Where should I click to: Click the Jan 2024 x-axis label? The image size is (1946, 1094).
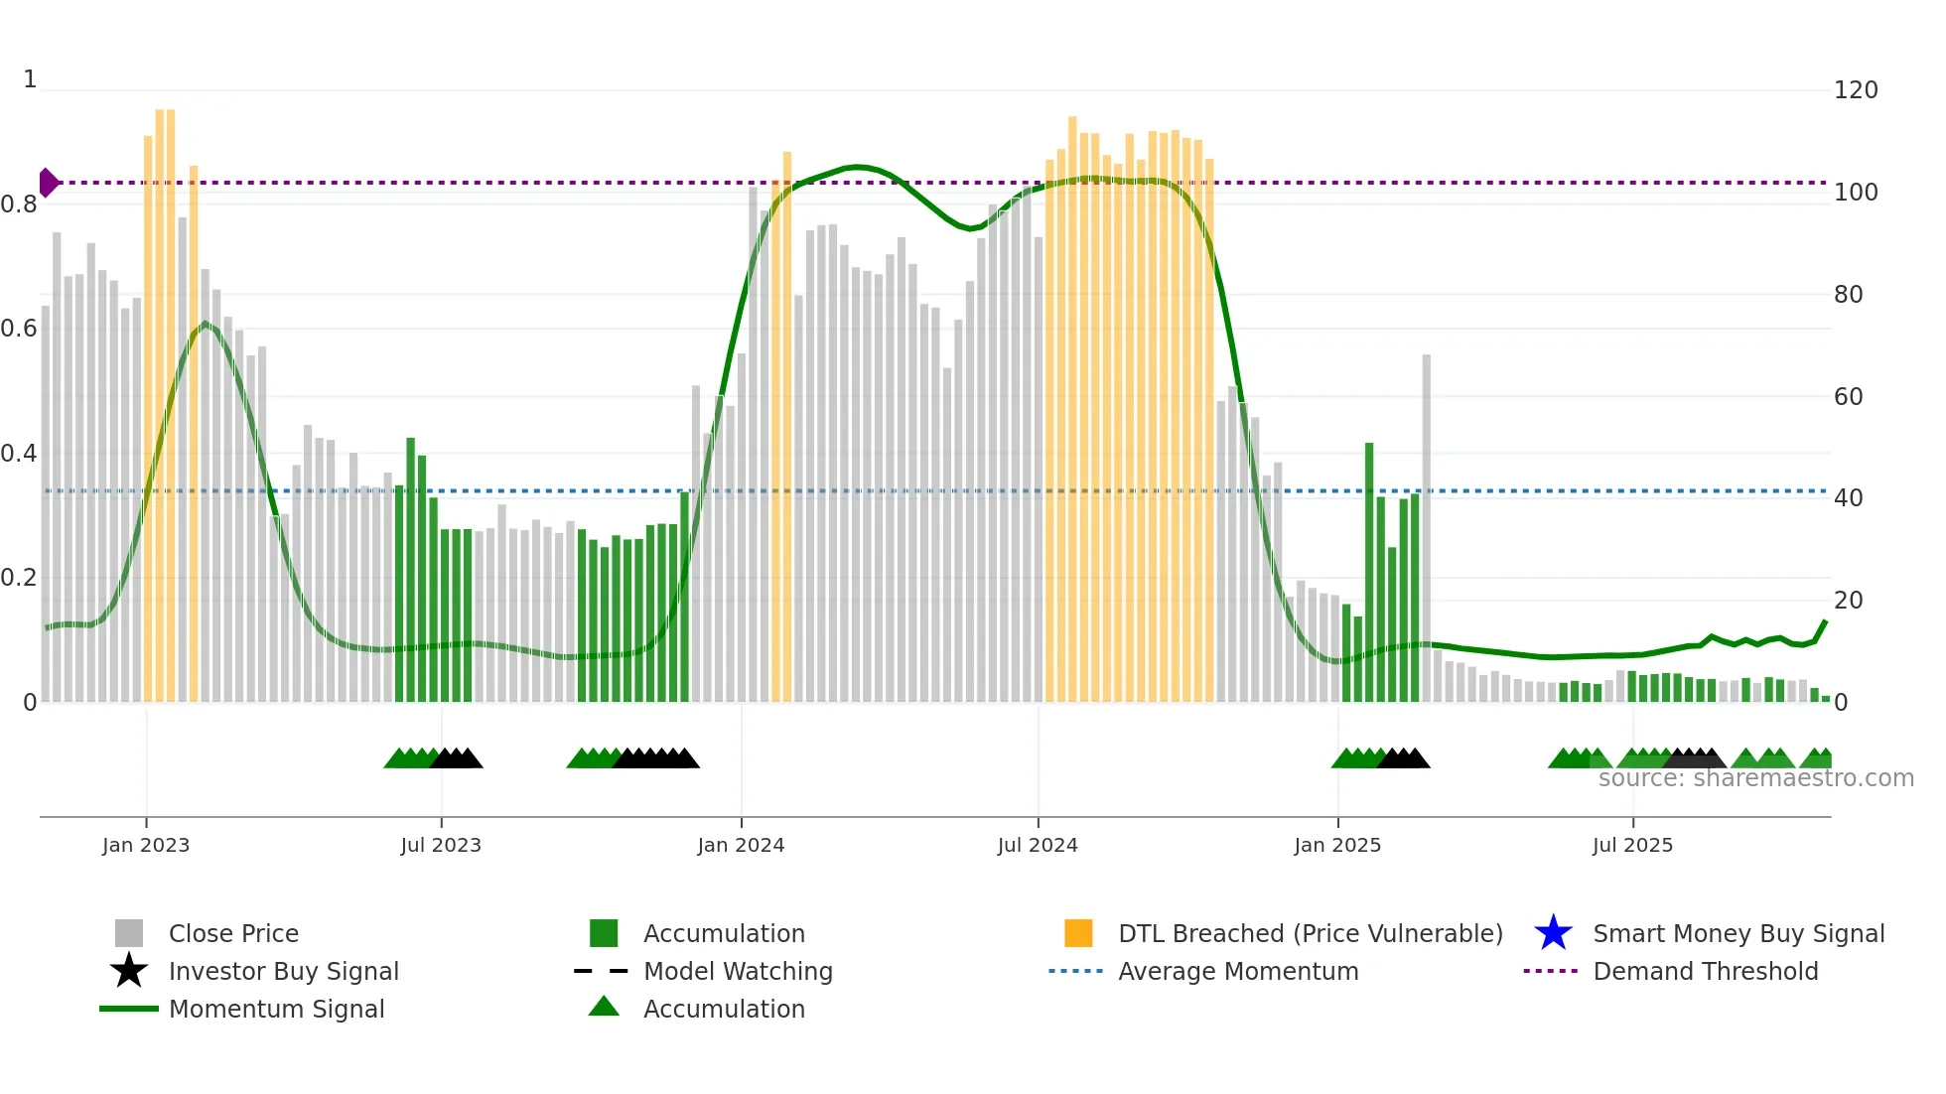[x=741, y=845]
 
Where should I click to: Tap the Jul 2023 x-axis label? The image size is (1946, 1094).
[x=441, y=845]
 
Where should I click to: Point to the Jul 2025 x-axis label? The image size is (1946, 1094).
[x=1632, y=845]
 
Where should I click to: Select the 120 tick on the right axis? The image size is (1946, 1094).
[x=1855, y=90]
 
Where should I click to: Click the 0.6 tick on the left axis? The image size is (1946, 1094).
[x=19, y=329]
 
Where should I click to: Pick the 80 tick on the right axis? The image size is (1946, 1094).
[x=1848, y=295]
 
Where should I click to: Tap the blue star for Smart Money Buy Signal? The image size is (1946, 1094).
[x=1553, y=933]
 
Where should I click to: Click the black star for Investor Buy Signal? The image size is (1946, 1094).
[x=129, y=971]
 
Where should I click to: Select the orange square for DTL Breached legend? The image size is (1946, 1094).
[x=1078, y=933]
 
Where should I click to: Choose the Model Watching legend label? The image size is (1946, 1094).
[x=738, y=971]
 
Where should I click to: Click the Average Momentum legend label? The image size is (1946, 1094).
[x=1238, y=971]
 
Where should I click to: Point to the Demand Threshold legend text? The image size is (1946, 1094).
[x=1705, y=971]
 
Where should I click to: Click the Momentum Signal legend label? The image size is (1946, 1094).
[x=276, y=1009]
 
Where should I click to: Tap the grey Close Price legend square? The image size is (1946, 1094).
[x=129, y=933]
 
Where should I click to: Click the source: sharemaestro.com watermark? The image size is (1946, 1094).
[x=1755, y=778]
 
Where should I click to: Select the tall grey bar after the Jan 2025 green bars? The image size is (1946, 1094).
[x=1427, y=526]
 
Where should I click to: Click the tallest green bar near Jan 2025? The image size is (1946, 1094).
[x=1369, y=571]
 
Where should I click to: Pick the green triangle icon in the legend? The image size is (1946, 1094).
[x=604, y=1007]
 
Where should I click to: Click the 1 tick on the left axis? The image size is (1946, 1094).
[x=30, y=79]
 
